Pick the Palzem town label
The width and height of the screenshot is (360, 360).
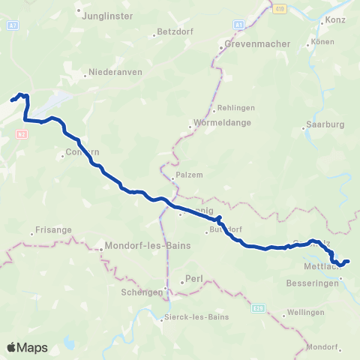point(190,175)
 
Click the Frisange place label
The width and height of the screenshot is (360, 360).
point(52,231)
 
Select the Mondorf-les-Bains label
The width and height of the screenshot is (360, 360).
point(148,245)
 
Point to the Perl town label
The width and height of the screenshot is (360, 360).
point(193,280)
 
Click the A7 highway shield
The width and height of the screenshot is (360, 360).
point(12,25)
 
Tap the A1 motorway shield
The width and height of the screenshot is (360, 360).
point(238,25)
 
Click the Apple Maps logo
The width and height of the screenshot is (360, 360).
point(27,347)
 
